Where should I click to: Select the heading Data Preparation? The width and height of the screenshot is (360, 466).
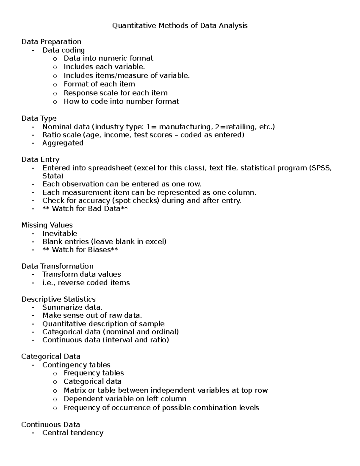point(51,42)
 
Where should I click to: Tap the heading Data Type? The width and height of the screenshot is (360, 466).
point(39,119)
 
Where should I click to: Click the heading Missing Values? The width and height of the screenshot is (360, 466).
point(47,225)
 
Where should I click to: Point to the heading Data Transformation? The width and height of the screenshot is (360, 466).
point(57,266)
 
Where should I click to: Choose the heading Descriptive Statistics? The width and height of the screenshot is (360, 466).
point(58,299)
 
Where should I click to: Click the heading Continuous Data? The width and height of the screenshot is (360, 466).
point(50,425)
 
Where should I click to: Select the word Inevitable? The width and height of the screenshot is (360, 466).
point(60,233)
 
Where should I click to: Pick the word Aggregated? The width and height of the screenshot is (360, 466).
point(63,143)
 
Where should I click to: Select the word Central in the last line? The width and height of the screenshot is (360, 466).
point(54,433)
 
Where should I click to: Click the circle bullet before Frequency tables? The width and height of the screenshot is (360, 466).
point(55,374)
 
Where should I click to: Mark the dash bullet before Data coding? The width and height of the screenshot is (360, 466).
point(33,50)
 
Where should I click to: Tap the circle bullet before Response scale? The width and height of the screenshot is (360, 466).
point(55,93)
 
